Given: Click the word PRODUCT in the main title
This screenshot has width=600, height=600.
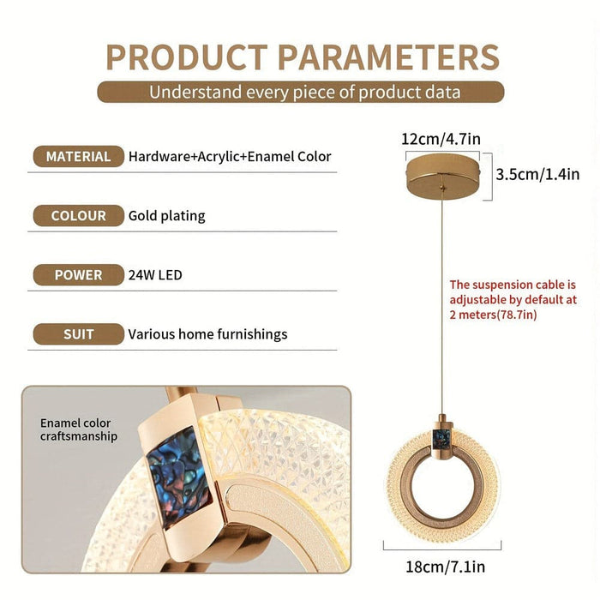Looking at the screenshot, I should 186,57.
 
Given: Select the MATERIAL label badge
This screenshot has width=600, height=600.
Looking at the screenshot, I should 78,157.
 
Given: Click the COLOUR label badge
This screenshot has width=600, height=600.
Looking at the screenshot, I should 78,216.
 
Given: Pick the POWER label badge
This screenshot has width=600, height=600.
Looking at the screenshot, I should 78,275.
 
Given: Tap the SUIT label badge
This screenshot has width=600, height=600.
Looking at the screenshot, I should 78,334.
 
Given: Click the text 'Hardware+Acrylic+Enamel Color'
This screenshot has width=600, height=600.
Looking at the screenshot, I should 230,157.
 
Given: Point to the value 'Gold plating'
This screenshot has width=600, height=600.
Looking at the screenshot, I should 167,216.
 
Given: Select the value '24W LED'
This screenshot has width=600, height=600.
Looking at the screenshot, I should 155,275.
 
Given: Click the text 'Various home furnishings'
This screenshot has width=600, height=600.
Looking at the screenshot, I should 208,334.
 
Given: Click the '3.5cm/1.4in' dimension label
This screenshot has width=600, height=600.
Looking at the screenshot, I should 537,175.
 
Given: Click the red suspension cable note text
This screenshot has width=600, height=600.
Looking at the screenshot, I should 513,299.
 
